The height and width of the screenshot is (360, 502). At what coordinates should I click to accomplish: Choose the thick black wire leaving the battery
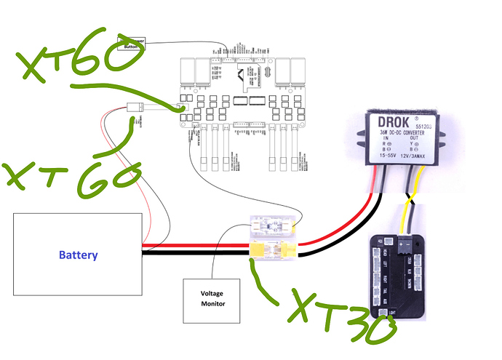[x=189, y=254]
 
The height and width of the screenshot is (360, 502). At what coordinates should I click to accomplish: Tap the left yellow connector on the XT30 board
[x=260, y=252]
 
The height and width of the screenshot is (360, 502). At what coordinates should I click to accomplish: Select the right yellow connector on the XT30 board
[x=290, y=252]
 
